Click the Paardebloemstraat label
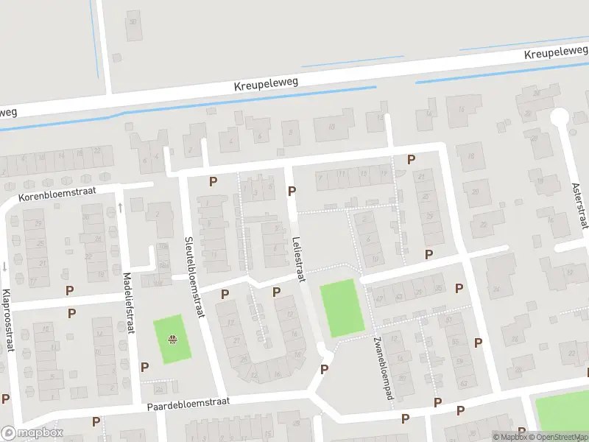[x=188, y=402]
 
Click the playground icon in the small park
[x=172, y=340]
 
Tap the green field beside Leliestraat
[x=342, y=309]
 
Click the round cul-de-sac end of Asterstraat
[x=560, y=116]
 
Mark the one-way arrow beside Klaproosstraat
[x=5, y=266]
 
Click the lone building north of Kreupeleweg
[x=133, y=20]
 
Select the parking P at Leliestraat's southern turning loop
[x=324, y=369]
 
